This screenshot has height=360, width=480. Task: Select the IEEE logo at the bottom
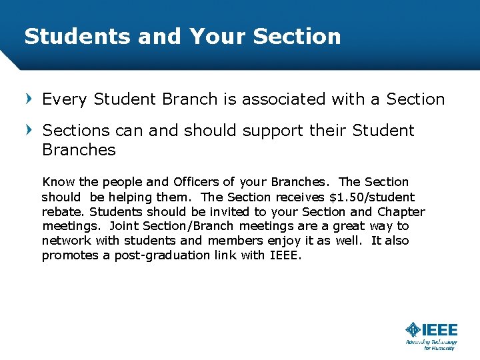pyautogui.click(x=431, y=331)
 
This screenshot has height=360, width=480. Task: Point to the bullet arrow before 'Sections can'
pyautogui.click(x=29, y=130)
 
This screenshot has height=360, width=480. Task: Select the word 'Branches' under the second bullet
pyautogui.click(x=79, y=150)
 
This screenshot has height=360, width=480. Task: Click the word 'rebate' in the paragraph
pyautogui.click(x=63, y=212)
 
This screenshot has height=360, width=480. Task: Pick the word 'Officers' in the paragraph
pyautogui.click(x=195, y=182)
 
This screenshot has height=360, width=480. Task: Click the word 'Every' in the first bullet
pyautogui.click(x=65, y=99)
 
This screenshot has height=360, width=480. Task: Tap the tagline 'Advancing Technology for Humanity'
pyautogui.click(x=431, y=345)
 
